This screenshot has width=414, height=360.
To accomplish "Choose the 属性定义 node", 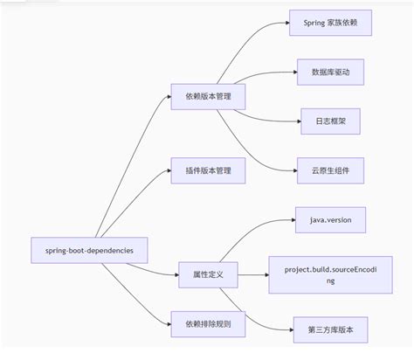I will (208, 274).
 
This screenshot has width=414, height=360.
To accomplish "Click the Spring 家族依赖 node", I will (331, 23).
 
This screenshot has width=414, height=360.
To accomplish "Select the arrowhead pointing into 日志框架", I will (297, 120).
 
